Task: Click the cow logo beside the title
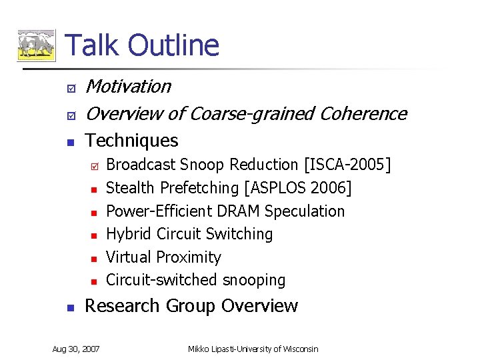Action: pyautogui.click(x=35, y=45)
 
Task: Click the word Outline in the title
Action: pyautogui.click(x=173, y=45)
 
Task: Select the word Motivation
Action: pyautogui.click(x=128, y=87)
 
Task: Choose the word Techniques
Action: pyautogui.click(x=132, y=141)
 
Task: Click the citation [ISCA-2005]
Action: pyautogui.click(x=347, y=165)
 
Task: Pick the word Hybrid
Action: pyautogui.click(x=129, y=235)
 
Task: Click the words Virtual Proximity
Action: pyautogui.click(x=163, y=257)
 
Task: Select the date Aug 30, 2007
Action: pyautogui.click(x=76, y=349)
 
